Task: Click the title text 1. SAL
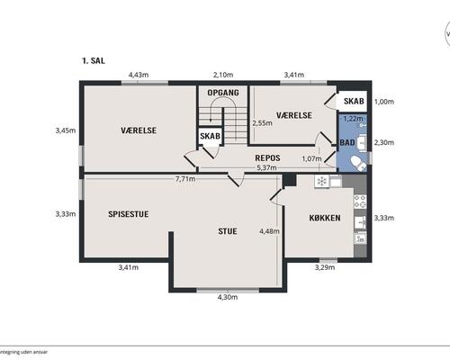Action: click(x=94, y=60)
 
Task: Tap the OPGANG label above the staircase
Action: click(x=223, y=93)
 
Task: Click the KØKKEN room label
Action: click(x=325, y=218)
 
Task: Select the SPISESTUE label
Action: click(x=129, y=214)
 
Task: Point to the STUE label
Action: click(x=228, y=231)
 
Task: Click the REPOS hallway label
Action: click(x=267, y=157)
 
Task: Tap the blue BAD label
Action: click(x=347, y=142)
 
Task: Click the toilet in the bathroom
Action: click(x=358, y=163)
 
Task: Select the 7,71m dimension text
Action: click(x=185, y=179)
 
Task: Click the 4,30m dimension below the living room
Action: click(x=228, y=297)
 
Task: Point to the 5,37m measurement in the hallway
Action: click(x=266, y=167)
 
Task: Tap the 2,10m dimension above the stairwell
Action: click(x=223, y=75)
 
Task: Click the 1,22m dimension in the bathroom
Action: click(x=353, y=119)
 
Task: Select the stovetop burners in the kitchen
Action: click(x=360, y=201)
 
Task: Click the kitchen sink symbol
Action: click(x=360, y=222)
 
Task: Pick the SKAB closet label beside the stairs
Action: click(x=210, y=136)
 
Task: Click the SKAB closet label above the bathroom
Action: click(x=354, y=101)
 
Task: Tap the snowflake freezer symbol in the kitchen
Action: click(x=322, y=181)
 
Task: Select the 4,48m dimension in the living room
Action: click(x=269, y=231)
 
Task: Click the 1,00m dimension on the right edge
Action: click(x=384, y=102)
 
